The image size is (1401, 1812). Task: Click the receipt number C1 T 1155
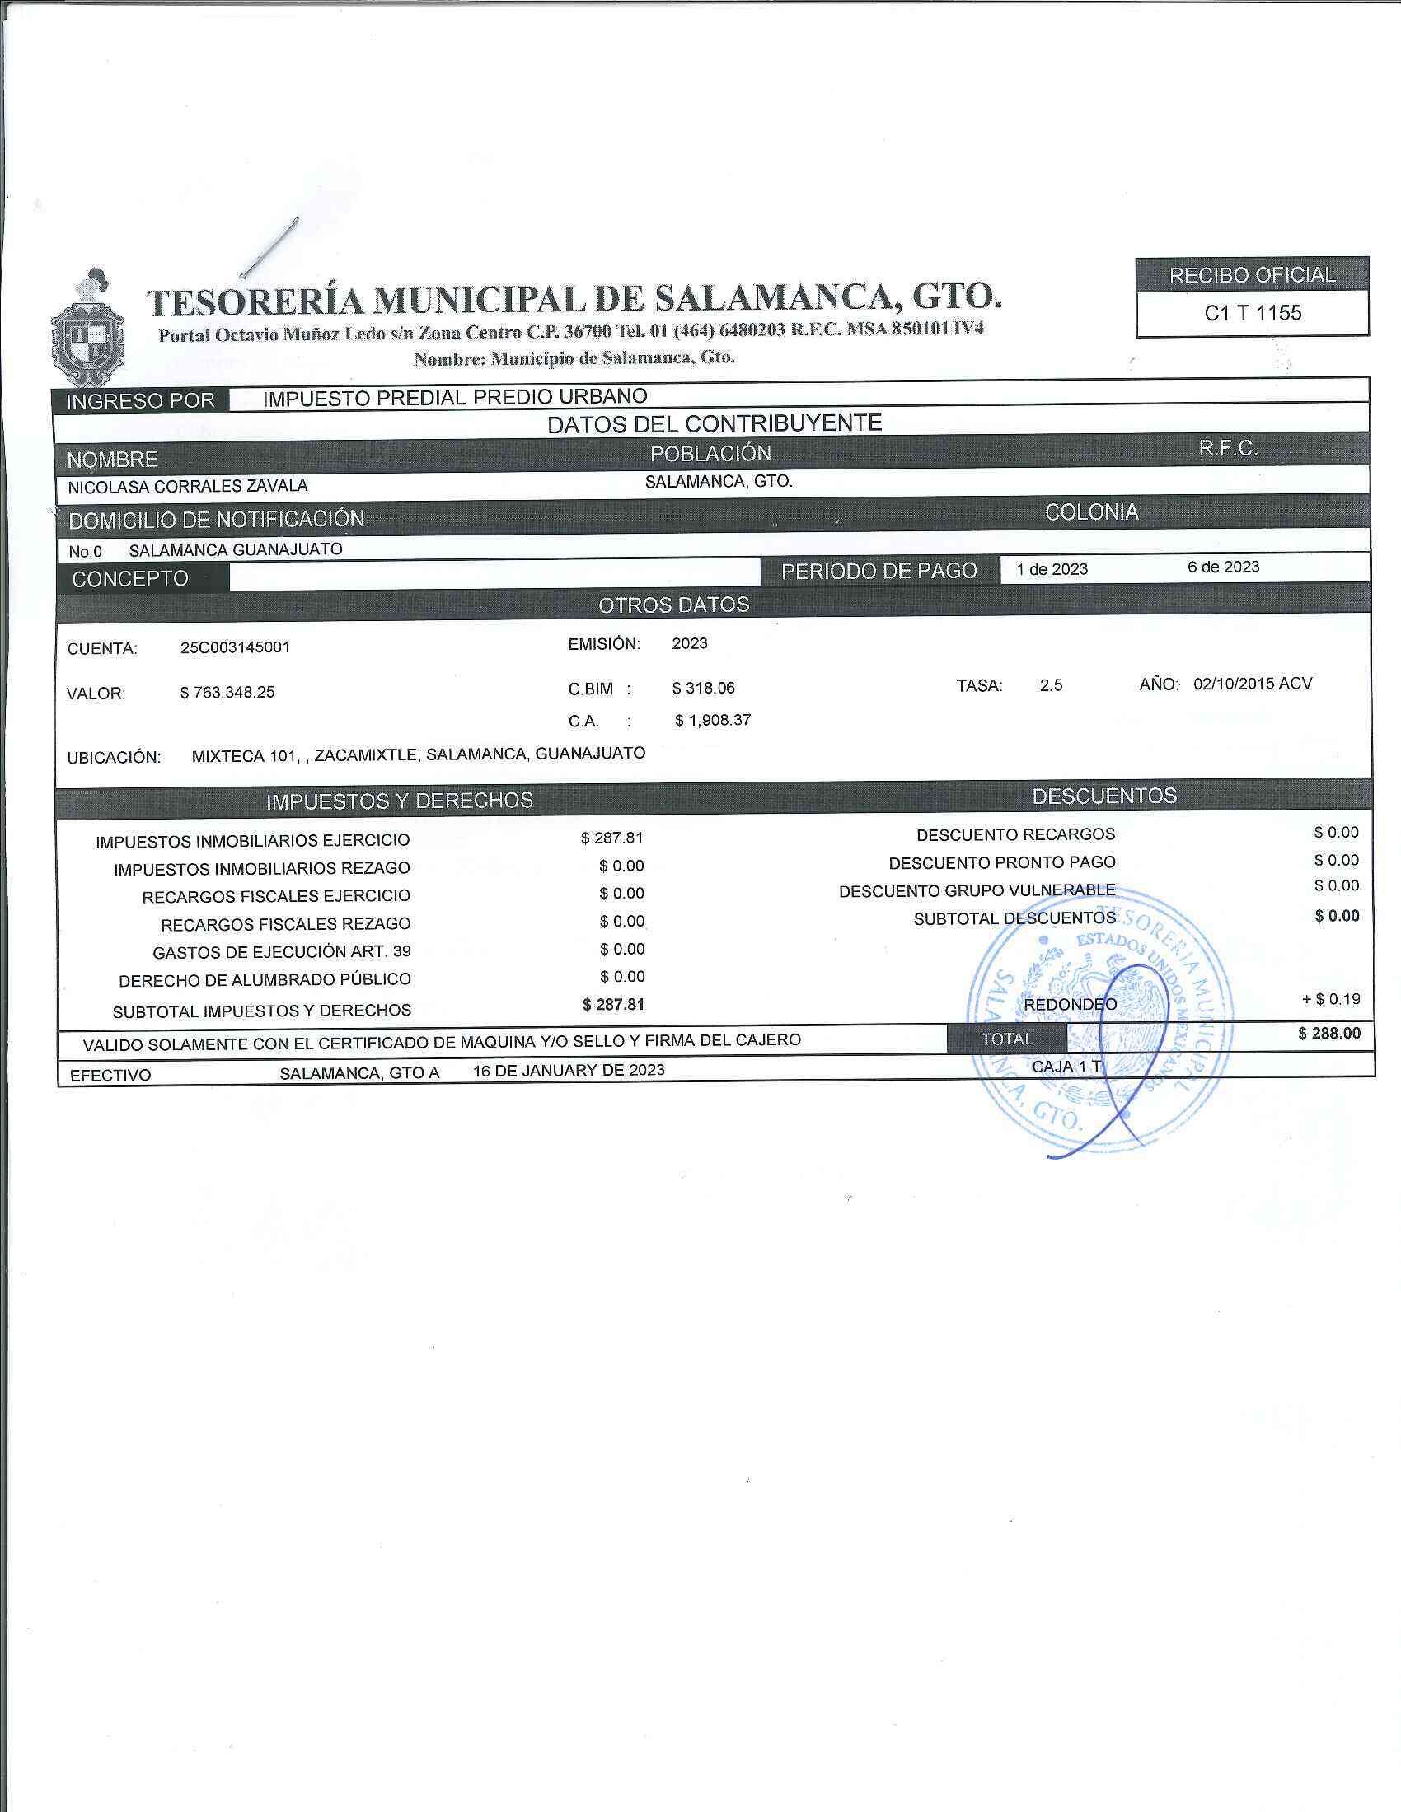[x=1253, y=314]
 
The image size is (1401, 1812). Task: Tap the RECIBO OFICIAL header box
[x=1252, y=274]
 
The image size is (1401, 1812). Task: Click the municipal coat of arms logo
[x=87, y=328]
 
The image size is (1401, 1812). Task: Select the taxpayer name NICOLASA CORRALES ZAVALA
[x=188, y=486]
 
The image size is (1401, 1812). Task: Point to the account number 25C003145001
[x=235, y=647]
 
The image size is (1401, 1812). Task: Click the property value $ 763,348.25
[x=227, y=692]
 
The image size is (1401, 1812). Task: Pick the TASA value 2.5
[x=1051, y=685]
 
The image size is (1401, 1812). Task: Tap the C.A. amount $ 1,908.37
[x=712, y=720]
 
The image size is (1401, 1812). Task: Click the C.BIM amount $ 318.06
[x=703, y=688]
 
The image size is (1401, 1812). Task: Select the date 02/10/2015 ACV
[x=1253, y=684]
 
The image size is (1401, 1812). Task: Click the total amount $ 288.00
[x=1328, y=1034]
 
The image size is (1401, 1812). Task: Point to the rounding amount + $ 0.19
[x=1330, y=999]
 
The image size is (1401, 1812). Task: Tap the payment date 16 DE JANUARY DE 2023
[x=569, y=1070]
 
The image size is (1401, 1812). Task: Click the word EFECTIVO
[x=110, y=1075]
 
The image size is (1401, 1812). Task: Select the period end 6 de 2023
[x=1222, y=567]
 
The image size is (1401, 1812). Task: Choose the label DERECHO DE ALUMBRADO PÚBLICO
[x=264, y=980]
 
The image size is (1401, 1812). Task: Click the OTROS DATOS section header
[x=673, y=605]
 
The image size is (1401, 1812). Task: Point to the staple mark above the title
[x=269, y=247]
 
